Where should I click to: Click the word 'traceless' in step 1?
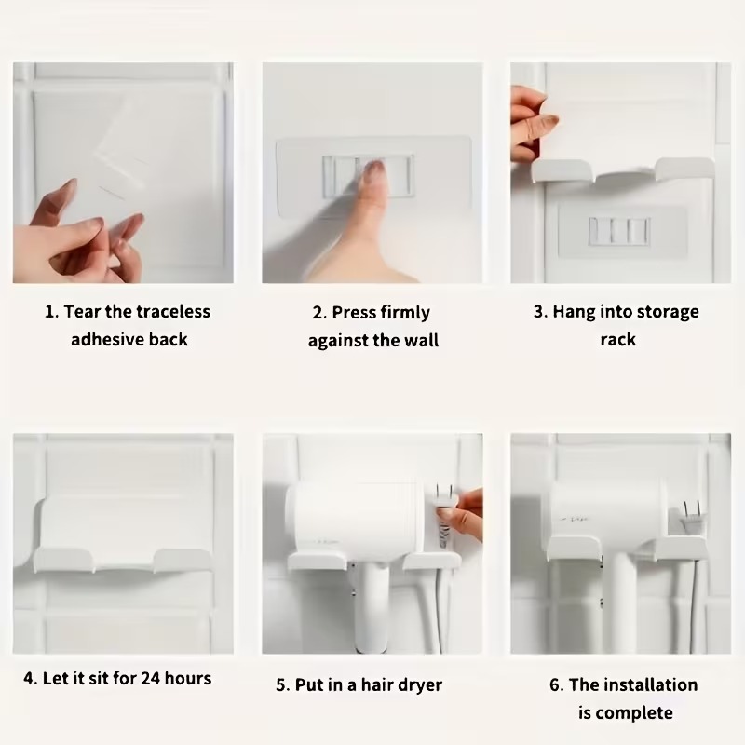[173, 312]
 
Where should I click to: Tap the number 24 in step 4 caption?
[150, 678]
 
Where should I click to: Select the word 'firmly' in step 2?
[405, 313]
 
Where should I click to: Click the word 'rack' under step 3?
[617, 340]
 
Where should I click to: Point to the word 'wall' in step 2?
[422, 340]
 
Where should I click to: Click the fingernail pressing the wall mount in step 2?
[374, 168]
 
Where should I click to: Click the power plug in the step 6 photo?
[691, 517]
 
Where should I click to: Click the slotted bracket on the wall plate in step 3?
[619, 232]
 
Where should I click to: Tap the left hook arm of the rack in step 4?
[63, 559]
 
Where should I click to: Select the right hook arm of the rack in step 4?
[182, 560]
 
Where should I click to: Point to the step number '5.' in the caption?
[283, 685]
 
